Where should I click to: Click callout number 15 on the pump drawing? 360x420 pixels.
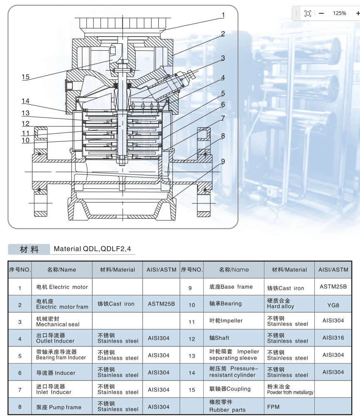coord(26,77)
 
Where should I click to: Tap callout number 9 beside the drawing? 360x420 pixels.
coord(223,161)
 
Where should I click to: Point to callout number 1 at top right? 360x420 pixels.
coord(223,15)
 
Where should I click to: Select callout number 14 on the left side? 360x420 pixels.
coord(26,101)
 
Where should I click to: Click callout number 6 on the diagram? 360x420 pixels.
coord(223,105)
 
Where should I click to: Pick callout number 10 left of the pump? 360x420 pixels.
coord(26,141)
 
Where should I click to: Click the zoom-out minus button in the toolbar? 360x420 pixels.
coord(321,13)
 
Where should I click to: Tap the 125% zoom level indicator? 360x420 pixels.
coord(339,13)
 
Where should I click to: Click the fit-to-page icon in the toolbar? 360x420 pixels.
coord(308,13)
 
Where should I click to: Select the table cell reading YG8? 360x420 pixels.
coord(333,305)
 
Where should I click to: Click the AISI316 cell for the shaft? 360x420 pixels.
coord(333,338)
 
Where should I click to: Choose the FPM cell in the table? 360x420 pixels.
coord(273,407)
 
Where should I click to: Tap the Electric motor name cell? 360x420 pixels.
coord(62,287)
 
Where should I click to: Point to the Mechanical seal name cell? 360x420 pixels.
coord(58,321)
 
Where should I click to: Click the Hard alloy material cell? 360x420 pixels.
coord(281,304)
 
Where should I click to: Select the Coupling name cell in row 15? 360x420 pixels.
coord(230,389)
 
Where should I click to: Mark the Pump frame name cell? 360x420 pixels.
coord(59,407)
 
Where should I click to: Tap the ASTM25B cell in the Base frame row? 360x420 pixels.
coord(333,287)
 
